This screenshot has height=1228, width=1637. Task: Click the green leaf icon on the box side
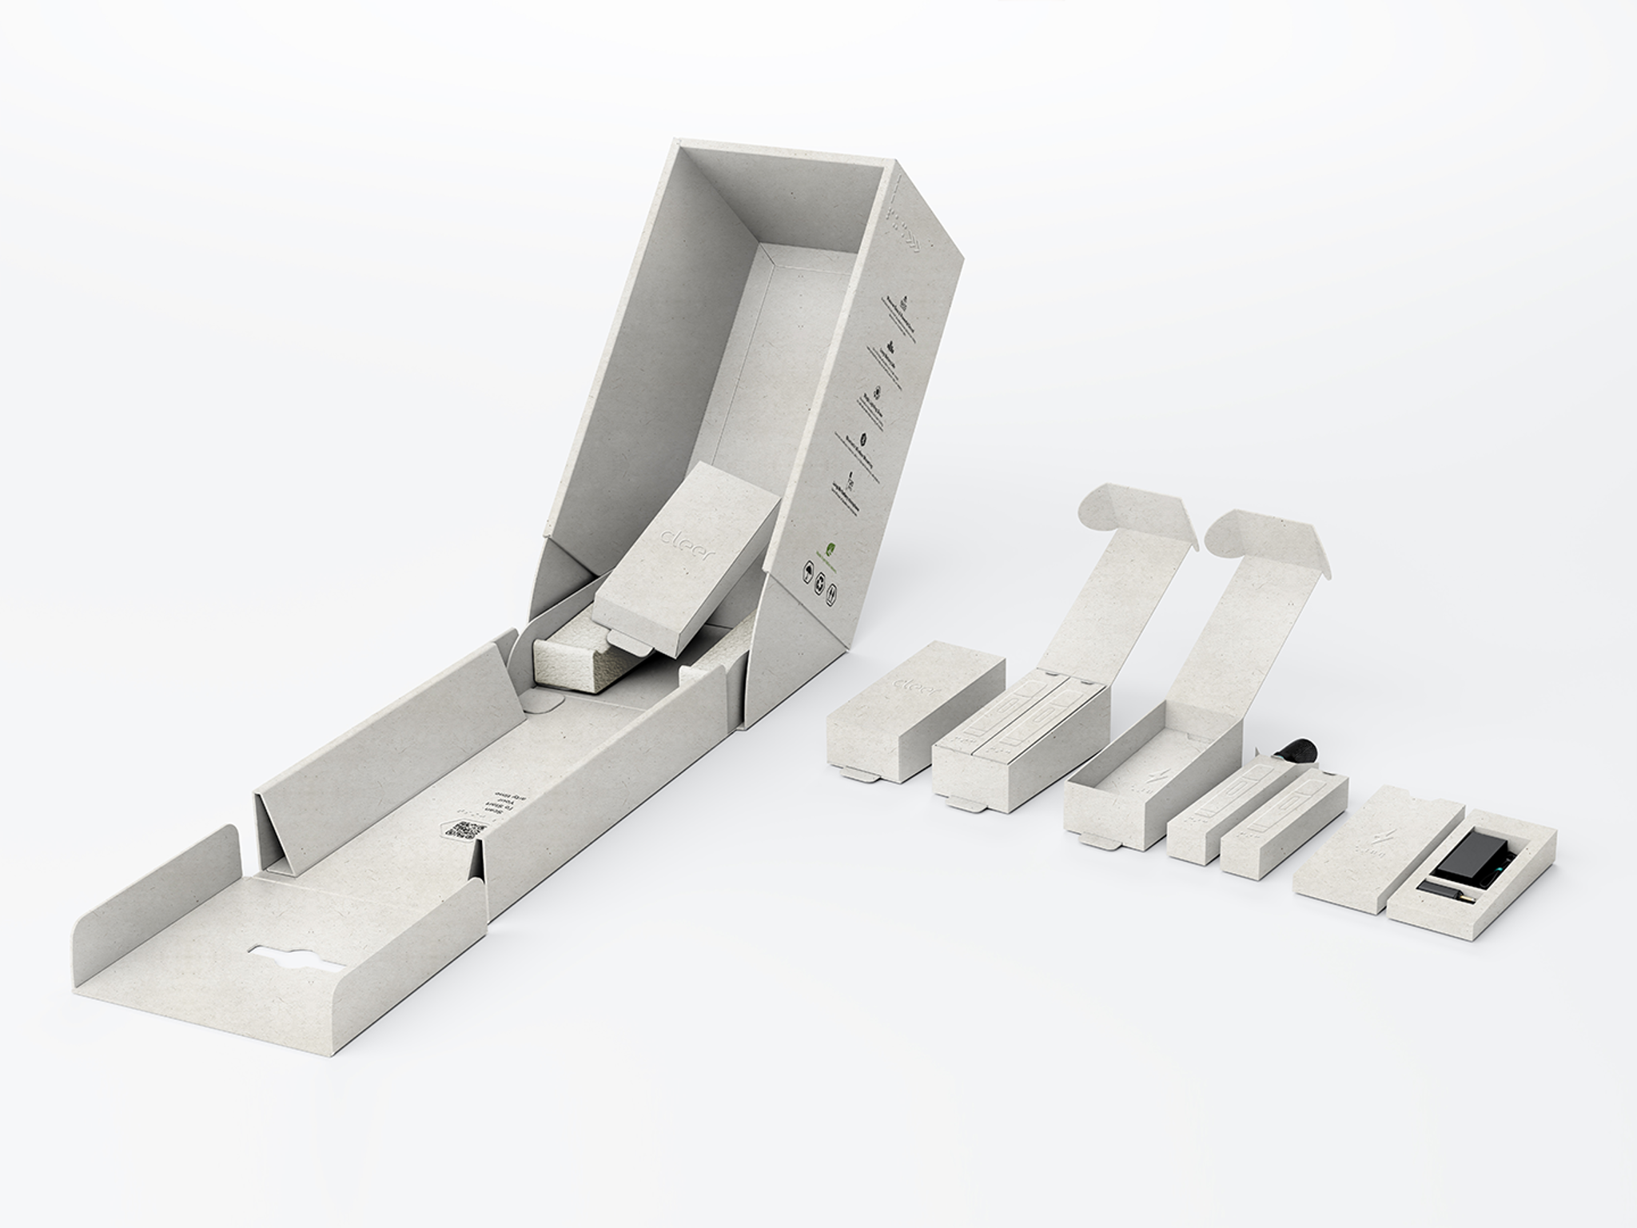(x=831, y=549)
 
